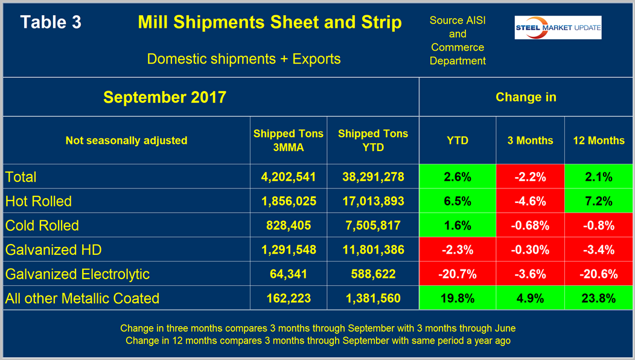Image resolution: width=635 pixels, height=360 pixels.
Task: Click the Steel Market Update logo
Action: (x=558, y=27)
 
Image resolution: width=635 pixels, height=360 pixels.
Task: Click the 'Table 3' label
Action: (x=51, y=22)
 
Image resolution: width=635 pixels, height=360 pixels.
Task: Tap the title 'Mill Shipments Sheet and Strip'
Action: (x=270, y=23)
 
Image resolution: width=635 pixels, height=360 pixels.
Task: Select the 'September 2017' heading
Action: (x=165, y=97)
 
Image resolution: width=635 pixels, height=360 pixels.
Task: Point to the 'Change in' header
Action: (x=526, y=97)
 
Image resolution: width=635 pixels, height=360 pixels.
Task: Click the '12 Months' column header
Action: (x=599, y=140)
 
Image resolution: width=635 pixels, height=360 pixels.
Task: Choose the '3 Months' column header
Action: (x=530, y=140)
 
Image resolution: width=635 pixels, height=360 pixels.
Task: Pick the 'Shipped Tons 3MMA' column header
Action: (x=289, y=140)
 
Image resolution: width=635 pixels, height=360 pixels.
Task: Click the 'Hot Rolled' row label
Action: (x=39, y=201)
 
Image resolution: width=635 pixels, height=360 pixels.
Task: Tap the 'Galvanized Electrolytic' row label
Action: (x=77, y=274)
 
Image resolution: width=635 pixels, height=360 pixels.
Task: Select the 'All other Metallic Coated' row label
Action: (x=82, y=298)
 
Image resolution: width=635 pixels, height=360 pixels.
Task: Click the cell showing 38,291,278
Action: (x=372, y=177)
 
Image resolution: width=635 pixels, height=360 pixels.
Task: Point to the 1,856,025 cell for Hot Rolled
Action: (x=289, y=201)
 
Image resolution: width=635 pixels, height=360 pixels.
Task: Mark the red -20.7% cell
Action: (x=458, y=274)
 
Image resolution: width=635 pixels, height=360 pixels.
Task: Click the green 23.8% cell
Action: (x=599, y=298)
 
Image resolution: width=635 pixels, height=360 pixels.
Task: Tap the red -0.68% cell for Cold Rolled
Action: (x=530, y=225)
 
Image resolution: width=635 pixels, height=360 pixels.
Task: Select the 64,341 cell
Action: (x=289, y=274)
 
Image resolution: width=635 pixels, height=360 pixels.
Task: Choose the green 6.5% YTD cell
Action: (x=458, y=201)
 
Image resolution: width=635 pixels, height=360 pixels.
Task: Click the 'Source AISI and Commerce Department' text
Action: (x=458, y=40)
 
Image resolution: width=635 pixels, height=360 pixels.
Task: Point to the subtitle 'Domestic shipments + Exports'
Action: (x=244, y=59)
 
